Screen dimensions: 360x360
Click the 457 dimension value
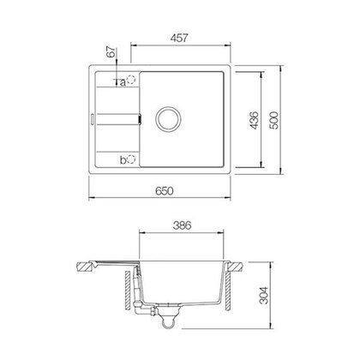(x=179, y=38)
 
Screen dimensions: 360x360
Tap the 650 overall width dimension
(x=165, y=191)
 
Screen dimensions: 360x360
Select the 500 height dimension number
(x=273, y=120)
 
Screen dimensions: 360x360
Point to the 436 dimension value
(x=254, y=120)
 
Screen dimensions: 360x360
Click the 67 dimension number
(x=111, y=51)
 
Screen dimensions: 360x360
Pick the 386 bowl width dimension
(x=182, y=225)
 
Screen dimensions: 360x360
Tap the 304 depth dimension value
(x=263, y=295)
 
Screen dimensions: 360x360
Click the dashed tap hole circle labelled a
(x=131, y=80)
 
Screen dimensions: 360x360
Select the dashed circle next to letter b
(x=131, y=159)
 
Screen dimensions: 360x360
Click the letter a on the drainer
(x=123, y=83)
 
